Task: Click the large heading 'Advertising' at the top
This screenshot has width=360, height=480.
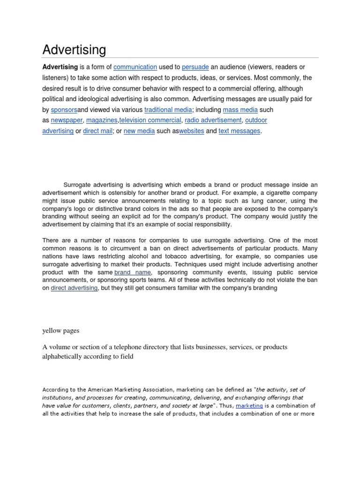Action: tap(74, 50)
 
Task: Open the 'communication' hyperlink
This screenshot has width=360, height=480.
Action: tap(135, 67)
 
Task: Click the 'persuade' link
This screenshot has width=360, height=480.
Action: tap(195, 67)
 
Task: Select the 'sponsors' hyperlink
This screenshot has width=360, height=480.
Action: tap(64, 110)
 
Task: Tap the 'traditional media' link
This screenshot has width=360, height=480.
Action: tap(168, 110)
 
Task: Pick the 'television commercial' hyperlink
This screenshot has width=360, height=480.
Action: tap(150, 120)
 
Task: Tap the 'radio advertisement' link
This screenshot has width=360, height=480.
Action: tap(213, 120)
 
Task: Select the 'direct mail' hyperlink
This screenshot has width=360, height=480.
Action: tap(97, 131)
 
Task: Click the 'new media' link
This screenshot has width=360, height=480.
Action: tap(139, 131)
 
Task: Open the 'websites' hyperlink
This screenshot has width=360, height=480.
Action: tap(191, 131)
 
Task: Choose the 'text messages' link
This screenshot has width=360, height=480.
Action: tap(239, 131)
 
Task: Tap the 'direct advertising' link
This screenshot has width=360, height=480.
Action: tap(74, 288)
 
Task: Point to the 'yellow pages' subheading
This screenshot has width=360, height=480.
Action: tap(61, 330)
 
